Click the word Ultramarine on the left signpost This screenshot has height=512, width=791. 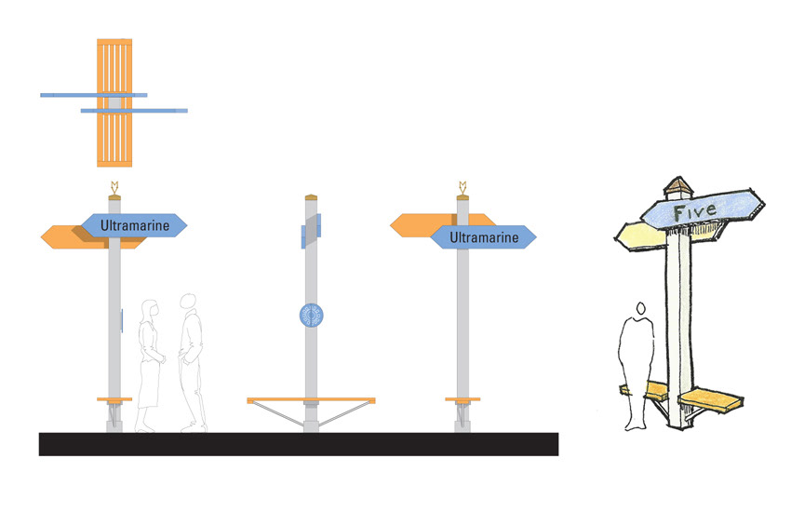pos(134,224)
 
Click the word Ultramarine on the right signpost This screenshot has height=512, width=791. pos(483,238)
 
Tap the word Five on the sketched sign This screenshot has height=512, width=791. pos(695,210)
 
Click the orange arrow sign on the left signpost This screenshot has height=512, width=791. pos(65,237)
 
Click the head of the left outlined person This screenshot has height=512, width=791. pos(147,308)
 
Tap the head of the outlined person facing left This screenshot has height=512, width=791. pos(189,303)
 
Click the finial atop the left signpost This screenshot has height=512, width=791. pos(114,186)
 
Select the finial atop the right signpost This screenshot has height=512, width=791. pos(463,186)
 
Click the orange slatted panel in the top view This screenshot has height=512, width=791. pos(114,140)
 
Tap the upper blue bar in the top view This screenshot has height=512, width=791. pos(93,94)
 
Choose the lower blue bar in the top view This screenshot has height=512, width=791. pos(135,111)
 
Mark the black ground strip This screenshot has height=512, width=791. pos(298,444)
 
